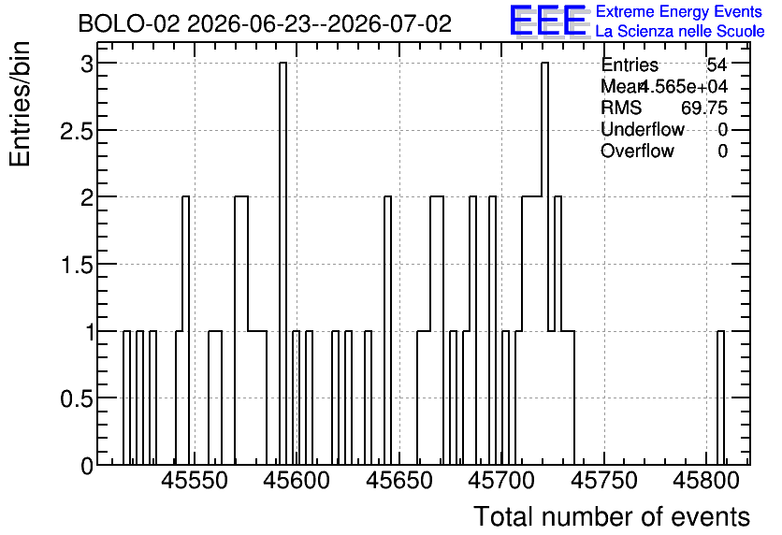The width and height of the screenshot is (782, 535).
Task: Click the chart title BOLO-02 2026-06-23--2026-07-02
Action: (x=265, y=24)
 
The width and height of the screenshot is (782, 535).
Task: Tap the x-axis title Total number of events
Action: (x=612, y=516)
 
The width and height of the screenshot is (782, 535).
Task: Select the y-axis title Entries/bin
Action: (x=21, y=104)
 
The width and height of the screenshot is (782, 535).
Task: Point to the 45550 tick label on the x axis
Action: (x=195, y=481)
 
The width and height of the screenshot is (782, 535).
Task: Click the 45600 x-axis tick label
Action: (x=297, y=481)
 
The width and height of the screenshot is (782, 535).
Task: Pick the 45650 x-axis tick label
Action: (x=399, y=481)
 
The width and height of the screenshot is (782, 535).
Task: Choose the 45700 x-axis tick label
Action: (x=501, y=481)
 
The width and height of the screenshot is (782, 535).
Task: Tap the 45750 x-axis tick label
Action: (x=604, y=481)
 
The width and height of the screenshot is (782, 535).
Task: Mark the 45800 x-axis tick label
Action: (x=706, y=481)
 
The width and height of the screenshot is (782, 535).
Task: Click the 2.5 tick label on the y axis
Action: (x=77, y=131)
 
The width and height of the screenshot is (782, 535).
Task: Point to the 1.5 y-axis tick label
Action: (x=77, y=266)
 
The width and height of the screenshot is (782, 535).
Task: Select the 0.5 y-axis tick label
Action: (x=77, y=398)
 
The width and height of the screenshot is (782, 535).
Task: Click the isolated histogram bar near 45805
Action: (x=720, y=398)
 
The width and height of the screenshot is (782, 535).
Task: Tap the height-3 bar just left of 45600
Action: (x=282, y=263)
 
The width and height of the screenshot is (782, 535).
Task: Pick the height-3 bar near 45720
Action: (x=544, y=263)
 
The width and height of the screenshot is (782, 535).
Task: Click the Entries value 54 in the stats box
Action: (x=717, y=65)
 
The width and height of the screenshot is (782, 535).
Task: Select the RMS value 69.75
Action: (x=704, y=108)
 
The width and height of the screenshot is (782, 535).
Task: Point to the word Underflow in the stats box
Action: (x=643, y=129)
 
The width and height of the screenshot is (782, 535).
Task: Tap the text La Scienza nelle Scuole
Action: (x=680, y=32)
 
